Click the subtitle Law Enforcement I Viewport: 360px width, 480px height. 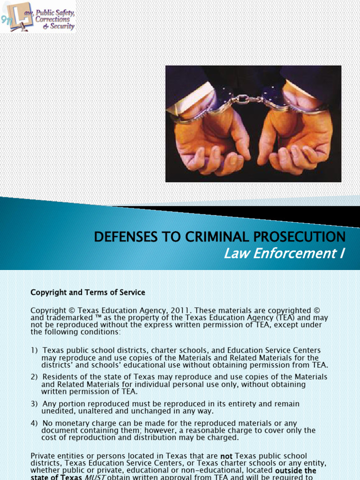click(x=284, y=254)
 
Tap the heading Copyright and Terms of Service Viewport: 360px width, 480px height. click(x=88, y=292)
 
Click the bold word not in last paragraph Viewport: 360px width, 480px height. click(x=226, y=456)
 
